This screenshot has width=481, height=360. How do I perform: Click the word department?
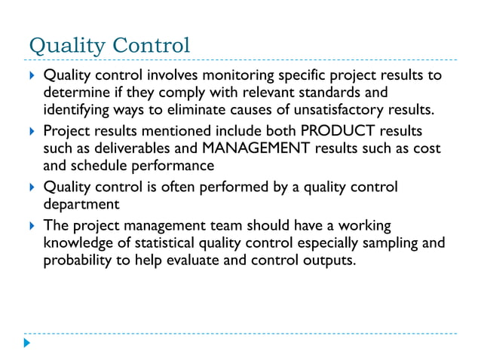click(82, 203)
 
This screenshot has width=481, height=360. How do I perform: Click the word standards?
click(339, 92)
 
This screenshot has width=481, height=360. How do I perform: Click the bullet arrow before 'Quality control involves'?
click(30, 76)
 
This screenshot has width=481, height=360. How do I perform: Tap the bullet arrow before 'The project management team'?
click(30, 226)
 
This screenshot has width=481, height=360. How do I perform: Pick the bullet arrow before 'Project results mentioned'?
click(30, 131)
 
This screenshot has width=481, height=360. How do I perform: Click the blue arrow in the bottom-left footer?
click(28, 343)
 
